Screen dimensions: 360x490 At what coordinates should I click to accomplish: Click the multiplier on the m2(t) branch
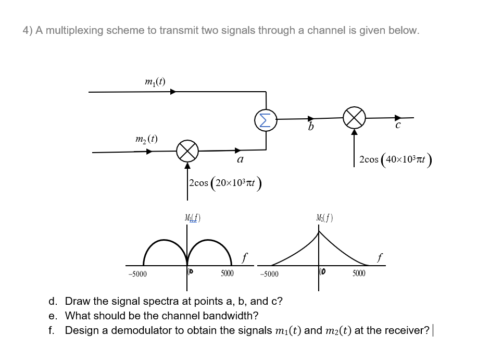coord(187,151)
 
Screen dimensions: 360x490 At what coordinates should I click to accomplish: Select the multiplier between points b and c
coord(354,119)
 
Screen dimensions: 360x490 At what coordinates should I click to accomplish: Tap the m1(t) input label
coord(155,81)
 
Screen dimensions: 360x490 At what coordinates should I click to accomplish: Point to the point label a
coord(240,160)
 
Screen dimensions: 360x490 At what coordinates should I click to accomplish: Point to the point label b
coord(311,128)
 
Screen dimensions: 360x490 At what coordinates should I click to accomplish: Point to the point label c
coord(398,126)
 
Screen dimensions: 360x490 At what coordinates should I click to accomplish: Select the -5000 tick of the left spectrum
coord(138,274)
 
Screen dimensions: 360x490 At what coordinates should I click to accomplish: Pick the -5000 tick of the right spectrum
coord(269,274)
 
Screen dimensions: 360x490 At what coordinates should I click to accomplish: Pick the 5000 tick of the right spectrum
coord(359,273)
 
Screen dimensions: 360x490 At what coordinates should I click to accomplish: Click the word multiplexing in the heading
coord(73,30)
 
